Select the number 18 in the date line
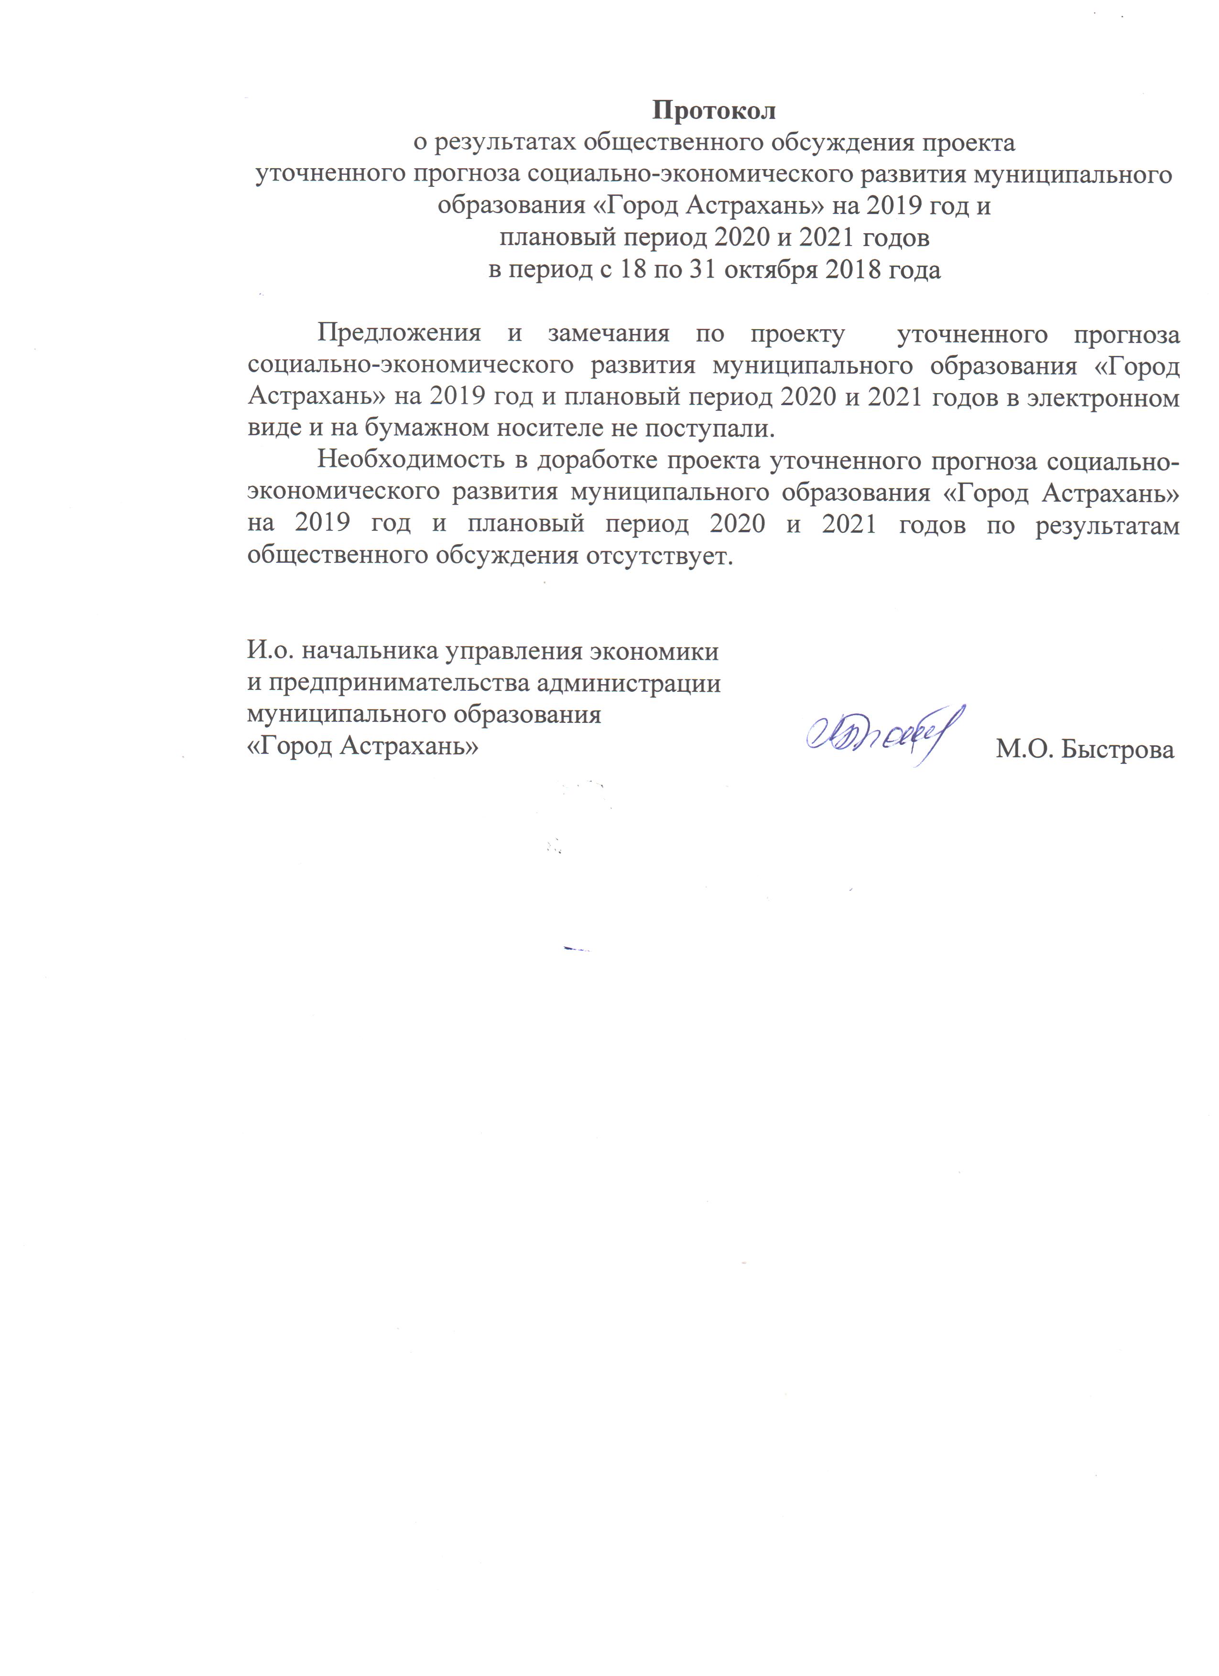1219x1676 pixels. (x=632, y=270)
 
